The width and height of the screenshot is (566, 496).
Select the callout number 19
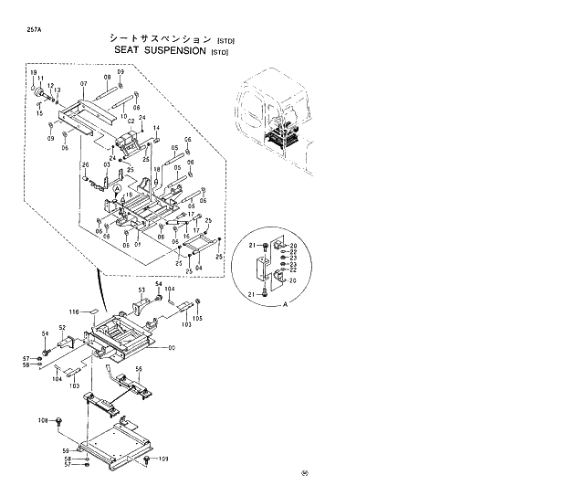pyautogui.click(x=33, y=73)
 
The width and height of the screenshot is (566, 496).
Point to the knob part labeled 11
pyautogui.click(x=41, y=95)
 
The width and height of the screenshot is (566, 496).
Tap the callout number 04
pyautogui.click(x=200, y=268)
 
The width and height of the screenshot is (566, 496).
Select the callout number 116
pyautogui.click(x=77, y=311)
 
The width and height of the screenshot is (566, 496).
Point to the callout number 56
pyautogui.click(x=139, y=369)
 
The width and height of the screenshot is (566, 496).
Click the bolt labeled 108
pyautogui.click(x=58, y=421)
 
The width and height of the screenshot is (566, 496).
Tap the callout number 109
pyautogui.click(x=164, y=458)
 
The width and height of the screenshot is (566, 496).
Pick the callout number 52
pyautogui.click(x=62, y=327)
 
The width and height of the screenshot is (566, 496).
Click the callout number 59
pyautogui.click(x=66, y=451)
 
